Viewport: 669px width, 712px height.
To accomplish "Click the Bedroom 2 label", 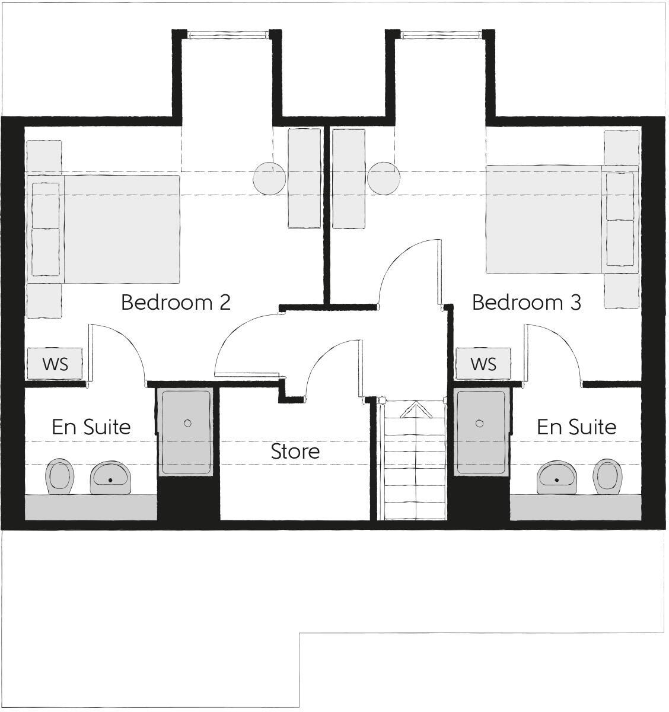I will (x=176, y=303).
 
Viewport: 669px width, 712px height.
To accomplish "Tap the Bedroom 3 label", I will (x=526, y=303).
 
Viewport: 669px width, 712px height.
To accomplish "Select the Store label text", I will (x=295, y=452).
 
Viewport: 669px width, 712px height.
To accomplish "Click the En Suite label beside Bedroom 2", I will (x=91, y=427).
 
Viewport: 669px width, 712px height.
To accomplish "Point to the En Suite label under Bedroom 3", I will (x=576, y=427).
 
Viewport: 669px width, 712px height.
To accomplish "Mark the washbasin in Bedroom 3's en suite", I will (x=557, y=477).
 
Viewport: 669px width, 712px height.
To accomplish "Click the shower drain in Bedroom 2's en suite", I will (x=187, y=423).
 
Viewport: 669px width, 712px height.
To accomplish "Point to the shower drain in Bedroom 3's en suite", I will (x=480, y=423).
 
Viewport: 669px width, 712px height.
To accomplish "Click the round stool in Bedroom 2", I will (x=269, y=178).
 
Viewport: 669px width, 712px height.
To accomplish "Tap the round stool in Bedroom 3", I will (x=383, y=178).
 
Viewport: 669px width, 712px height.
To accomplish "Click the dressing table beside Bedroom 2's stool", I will (x=304, y=178).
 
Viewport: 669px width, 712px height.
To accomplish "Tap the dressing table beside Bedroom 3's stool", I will (x=349, y=178).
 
